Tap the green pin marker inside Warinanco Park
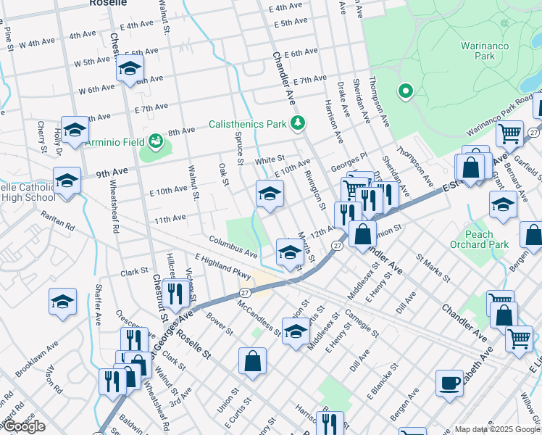click(x=405, y=92)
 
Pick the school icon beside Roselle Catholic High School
click(x=67, y=179)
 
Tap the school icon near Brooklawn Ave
click(x=62, y=300)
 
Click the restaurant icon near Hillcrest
click(x=175, y=293)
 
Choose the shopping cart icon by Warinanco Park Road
click(x=509, y=133)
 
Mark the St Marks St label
click(x=433, y=268)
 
